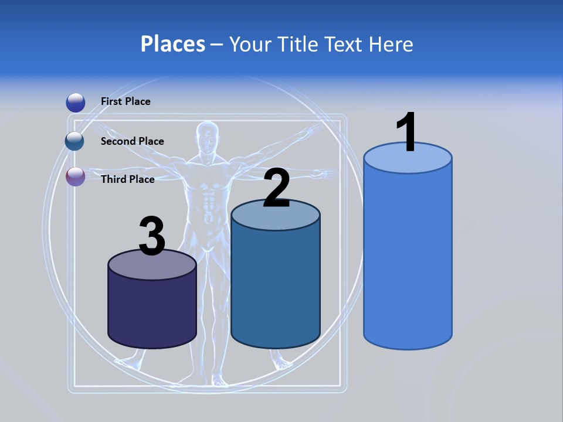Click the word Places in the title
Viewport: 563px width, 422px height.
173,44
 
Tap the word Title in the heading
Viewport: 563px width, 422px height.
298,44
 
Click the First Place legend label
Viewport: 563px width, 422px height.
126,101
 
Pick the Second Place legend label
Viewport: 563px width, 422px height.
132,141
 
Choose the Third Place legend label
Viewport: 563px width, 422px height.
127,179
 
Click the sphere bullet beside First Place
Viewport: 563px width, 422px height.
76,103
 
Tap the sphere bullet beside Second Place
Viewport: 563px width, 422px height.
75,141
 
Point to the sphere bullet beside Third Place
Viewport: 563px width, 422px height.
76,177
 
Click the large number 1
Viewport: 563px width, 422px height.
406,132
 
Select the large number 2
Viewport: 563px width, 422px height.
276,188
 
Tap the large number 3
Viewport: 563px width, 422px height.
152,236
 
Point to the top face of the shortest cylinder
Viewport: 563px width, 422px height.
152,266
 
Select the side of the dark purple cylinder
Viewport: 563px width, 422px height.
152,311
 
